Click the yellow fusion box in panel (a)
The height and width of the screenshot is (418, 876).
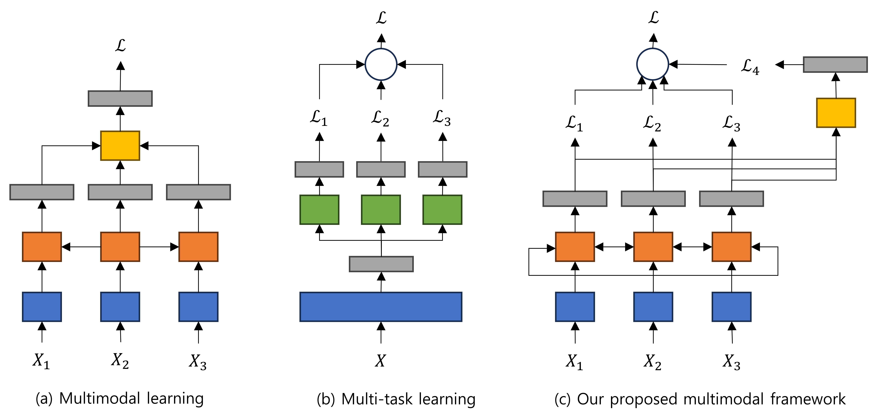(x=120, y=146)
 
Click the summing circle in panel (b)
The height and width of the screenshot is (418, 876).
(x=381, y=64)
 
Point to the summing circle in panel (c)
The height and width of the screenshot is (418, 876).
(x=653, y=64)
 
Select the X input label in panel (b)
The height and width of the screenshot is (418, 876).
(x=381, y=360)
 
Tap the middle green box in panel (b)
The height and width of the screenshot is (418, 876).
(x=381, y=210)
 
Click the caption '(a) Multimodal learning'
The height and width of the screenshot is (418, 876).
(x=120, y=399)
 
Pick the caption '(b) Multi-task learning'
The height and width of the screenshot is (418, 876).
(x=396, y=399)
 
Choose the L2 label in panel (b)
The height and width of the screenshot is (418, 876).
(x=380, y=118)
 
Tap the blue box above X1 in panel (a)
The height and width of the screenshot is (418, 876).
(x=42, y=307)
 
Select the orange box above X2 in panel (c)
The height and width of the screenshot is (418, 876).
(x=653, y=247)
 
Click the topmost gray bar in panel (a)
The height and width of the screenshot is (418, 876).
(x=120, y=98)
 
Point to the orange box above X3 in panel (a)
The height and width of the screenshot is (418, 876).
(x=198, y=247)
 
